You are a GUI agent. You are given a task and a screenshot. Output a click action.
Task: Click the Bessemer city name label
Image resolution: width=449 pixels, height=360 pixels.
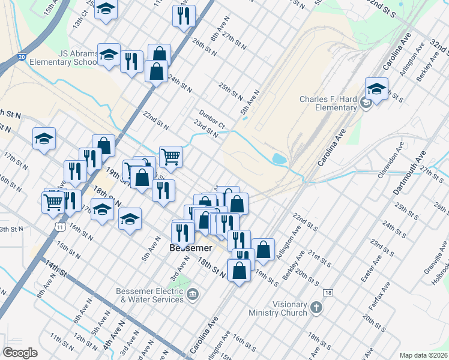coord(190,247)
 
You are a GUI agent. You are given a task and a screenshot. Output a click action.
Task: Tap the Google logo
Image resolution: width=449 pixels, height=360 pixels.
coord(20,353)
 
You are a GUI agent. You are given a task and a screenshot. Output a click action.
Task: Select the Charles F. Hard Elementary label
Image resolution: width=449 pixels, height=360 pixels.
coord(328,104)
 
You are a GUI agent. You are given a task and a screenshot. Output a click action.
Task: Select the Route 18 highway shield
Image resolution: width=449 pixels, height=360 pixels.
coord(327,292)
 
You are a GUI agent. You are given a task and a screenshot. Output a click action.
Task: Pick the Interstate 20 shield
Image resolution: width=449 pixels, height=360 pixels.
coord(22,57)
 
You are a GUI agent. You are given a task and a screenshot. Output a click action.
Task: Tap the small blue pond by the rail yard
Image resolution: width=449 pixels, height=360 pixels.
coord(279,160)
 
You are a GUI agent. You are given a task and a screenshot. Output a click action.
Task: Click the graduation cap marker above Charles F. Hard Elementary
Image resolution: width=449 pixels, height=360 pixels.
coord(376,89)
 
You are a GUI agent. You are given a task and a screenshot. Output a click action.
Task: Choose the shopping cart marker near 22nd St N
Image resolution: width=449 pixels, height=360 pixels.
coord(170,157)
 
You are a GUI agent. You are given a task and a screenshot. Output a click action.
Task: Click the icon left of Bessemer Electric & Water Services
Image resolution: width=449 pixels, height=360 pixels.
coord(193,294)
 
